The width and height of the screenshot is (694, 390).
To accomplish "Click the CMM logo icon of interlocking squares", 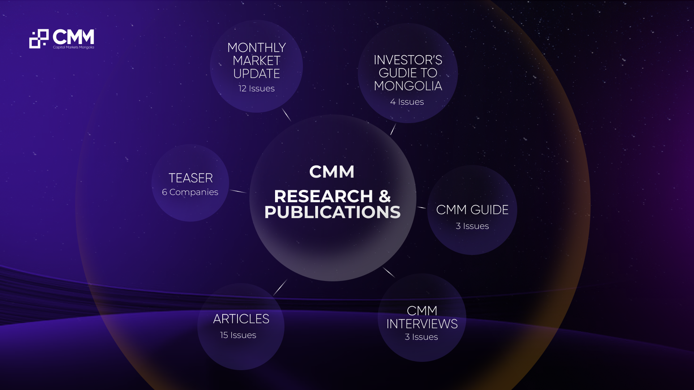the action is pos(39,39).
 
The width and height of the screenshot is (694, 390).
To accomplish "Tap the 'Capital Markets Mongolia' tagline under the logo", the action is pos(73,47).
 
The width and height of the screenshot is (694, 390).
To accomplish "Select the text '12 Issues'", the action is pos(257,88).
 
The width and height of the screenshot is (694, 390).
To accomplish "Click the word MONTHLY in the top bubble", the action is pos(257,48).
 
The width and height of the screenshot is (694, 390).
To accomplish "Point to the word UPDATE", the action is pos(257,74).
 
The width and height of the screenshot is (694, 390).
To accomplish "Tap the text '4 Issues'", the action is pos(407,102).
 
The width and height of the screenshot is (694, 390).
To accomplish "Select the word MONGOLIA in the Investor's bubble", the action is pos(408,86).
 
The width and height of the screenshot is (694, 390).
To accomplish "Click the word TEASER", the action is pos(190,178).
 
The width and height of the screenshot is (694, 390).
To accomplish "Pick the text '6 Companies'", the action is pos(190,192).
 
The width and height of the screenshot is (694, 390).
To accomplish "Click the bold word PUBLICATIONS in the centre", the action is pos(333,212).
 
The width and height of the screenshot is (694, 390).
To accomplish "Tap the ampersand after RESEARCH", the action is pos(385,196).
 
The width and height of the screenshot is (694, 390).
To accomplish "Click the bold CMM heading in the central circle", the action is pos(332,172).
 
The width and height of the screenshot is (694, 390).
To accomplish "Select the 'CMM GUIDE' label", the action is pos(472,210).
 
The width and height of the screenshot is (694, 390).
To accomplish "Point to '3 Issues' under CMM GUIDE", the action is pos(472,226).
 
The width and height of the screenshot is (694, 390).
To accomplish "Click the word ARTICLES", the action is pos(241,319).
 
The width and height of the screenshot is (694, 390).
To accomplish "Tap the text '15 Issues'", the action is pos(238,335).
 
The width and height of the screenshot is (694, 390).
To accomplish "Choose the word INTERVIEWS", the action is pos(422,324).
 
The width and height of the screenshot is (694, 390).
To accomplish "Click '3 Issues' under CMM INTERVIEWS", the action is pos(421,337).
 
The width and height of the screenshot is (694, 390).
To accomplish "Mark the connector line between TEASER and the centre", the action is pos(239,191).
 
